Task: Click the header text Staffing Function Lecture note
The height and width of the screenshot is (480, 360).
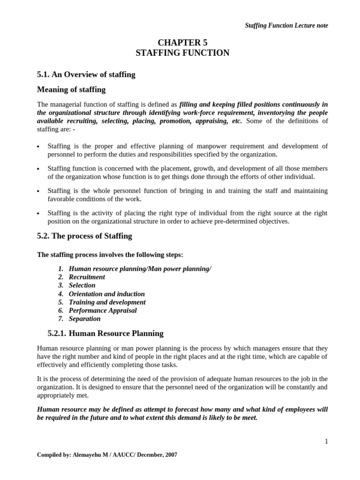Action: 286,25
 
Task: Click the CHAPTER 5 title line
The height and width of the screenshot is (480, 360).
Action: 182,43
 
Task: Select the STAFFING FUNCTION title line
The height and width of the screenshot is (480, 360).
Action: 182,53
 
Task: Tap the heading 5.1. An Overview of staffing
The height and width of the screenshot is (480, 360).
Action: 86,74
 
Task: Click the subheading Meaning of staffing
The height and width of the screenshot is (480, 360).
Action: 71,89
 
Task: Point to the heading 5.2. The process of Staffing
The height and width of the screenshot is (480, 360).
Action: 84,236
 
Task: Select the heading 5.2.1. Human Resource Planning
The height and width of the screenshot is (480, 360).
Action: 105,333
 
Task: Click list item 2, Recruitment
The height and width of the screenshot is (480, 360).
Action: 87,277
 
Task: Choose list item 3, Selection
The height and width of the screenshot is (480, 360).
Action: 82,285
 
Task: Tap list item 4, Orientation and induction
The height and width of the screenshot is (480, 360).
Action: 106,293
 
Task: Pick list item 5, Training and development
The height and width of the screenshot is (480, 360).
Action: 107,302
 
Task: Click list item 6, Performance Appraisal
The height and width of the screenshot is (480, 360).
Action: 103,310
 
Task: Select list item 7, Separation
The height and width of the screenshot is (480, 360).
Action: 84,319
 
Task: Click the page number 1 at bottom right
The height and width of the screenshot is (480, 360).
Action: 326,441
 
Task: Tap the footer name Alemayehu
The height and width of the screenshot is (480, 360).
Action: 84,455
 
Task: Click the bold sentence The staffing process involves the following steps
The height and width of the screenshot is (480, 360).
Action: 110,255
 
